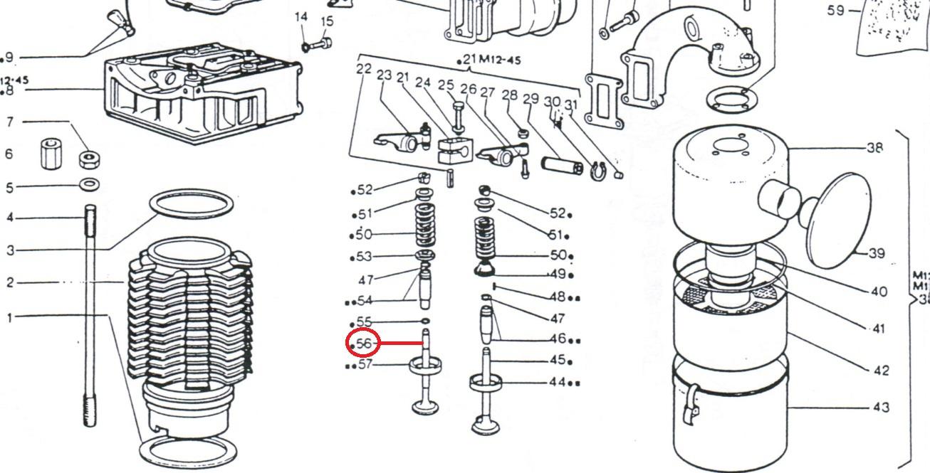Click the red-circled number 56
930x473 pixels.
[x=364, y=344]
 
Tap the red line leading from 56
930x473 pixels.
[x=400, y=344]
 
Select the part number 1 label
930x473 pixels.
[x=9, y=317]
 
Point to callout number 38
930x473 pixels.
[x=875, y=148]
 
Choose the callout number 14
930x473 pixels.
[x=301, y=16]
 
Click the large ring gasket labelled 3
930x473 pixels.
[x=192, y=203]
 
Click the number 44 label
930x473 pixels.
[x=557, y=382]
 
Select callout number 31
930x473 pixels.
[x=570, y=105]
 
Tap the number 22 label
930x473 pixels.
[x=364, y=69]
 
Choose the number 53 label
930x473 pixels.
[x=364, y=257]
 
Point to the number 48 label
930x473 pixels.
[x=557, y=297]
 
